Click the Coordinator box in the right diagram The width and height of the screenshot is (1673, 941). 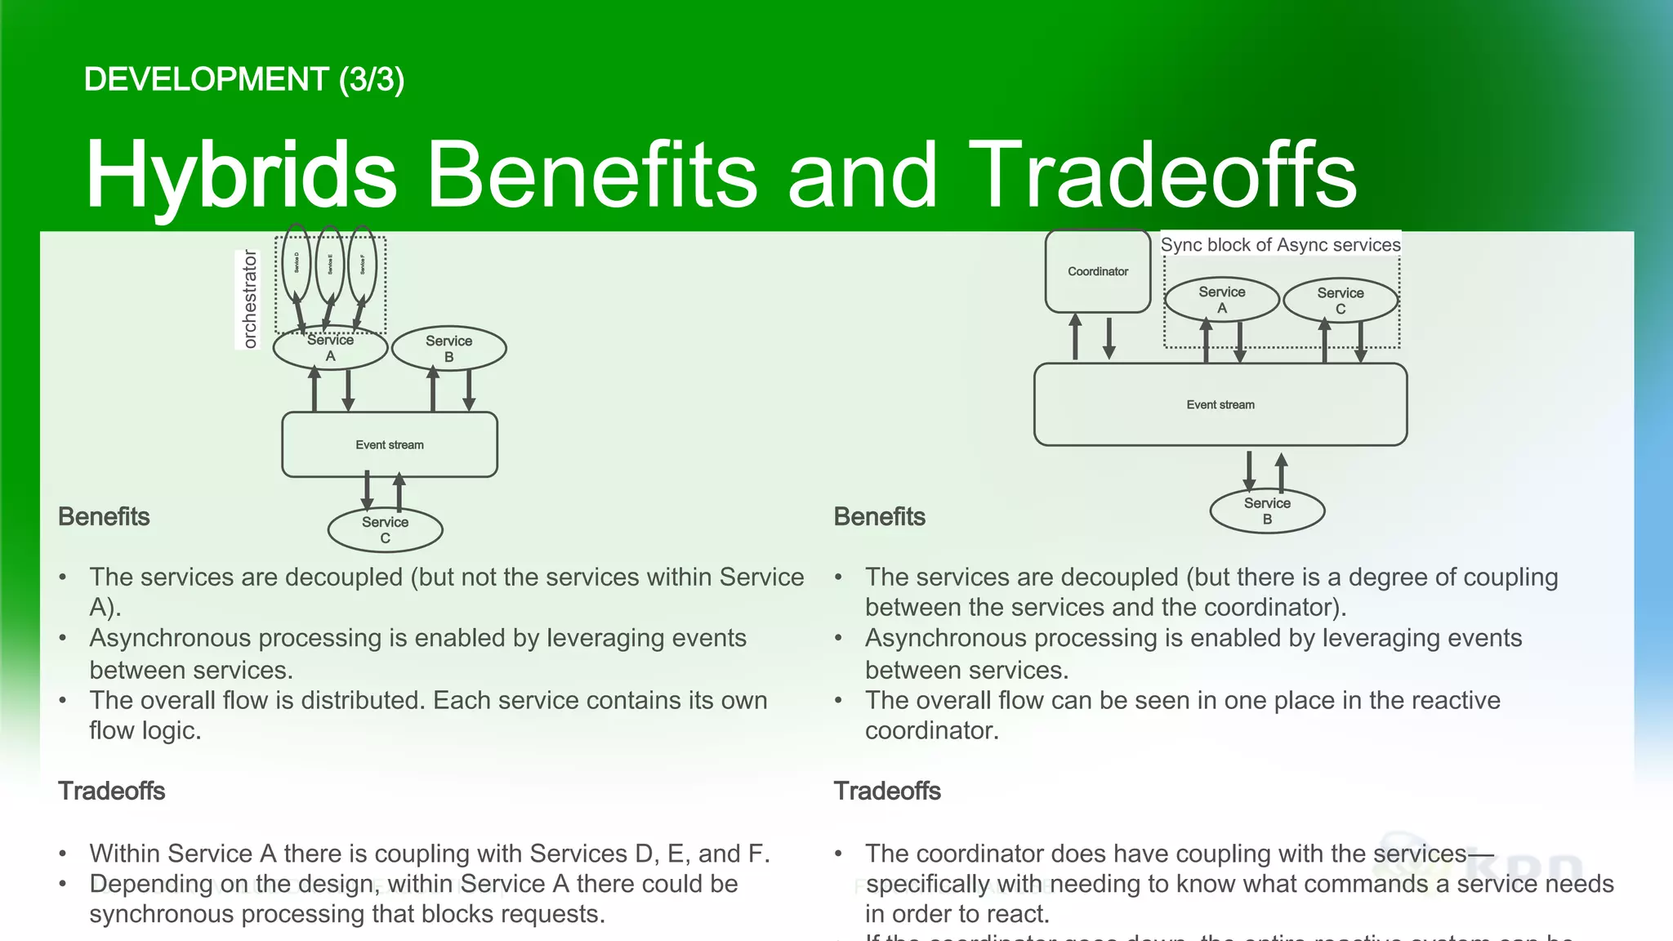click(x=1097, y=271)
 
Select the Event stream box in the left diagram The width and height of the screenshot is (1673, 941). click(x=389, y=444)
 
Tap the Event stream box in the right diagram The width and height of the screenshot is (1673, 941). click(x=1220, y=404)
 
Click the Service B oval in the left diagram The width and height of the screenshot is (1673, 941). click(x=448, y=349)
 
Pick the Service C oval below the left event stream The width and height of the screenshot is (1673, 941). click(x=385, y=530)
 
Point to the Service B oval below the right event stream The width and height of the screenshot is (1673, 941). click(x=1267, y=511)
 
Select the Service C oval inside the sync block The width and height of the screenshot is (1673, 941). click(x=1340, y=301)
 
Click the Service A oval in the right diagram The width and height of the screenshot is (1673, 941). click(x=1221, y=300)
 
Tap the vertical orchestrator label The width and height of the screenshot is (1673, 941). click(x=249, y=300)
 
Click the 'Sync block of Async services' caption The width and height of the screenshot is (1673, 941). click(x=1280, y=245)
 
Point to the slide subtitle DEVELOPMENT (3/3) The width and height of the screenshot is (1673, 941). click(x=243, y=79)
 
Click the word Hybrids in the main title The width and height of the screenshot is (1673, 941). click(x=240, y=174)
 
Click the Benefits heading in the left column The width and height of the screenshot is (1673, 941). click(x=104, y=516)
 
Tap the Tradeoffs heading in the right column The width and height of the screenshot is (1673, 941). click(x=887, y=791)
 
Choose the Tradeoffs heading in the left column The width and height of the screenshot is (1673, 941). click(x=111, y=791)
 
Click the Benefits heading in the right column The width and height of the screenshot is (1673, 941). click(x=879, y=516)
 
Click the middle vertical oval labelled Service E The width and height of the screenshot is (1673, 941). click(x=330, y=265)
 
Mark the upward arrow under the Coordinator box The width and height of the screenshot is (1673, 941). click(x=1075, y=337)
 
